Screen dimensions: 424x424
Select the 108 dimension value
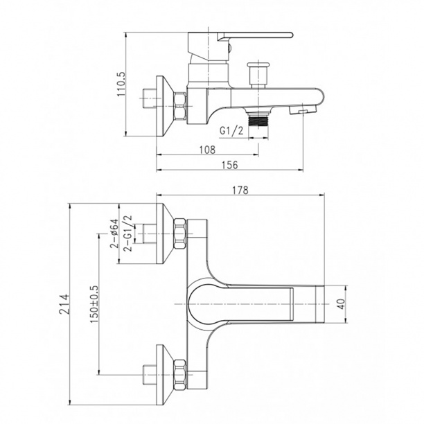pyautogui.click(x=207, y=150)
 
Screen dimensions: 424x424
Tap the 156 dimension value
pyautogui.click(x=230, y=165)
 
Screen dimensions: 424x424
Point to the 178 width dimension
pyautogui.click(x=240, y=190)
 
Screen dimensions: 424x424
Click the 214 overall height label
pyautogui.click(x=64, y=304)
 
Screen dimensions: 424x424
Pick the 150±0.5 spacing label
pyautogui.click(x=94, y=304)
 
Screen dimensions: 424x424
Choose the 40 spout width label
pyautogui.click(x=342, y=304)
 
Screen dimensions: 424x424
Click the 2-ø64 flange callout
pyautogui.click(x=114, y=233)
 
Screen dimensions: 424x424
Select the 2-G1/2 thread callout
pyautogui.click(x=128, y=233)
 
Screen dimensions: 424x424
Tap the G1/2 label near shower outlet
pyautogui.click(x=231, y=131)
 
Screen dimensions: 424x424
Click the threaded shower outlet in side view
pyautogui.click(x=258, y=120)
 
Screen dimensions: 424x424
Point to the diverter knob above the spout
pyautogui.click(x=258, y=74)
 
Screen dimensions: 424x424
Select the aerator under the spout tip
pyautogui.click(x=303, y=109)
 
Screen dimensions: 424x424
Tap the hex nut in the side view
pyautogui.click(x=180, y=106)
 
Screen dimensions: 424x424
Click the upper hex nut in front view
pyautogui.click(x=180, y=233)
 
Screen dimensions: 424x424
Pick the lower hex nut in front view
pyautogui.click(x=180, y=375)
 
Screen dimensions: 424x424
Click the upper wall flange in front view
pyautogui.click(x=164, y=233)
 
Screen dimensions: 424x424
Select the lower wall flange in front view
pyautogui.click(x=164, y=375)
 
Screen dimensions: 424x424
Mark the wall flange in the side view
pyautogui.click(x=164, y=106)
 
